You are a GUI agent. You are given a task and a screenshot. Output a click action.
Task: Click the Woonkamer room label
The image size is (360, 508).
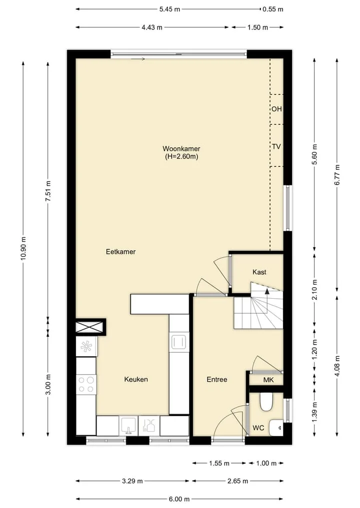181,149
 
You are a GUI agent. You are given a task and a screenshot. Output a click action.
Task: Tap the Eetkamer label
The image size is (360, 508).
120,252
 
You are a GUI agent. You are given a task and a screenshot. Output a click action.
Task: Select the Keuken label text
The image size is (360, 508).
136,380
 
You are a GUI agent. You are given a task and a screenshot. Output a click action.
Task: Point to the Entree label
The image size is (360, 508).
216,380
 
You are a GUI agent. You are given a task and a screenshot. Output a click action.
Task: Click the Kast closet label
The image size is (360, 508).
259,272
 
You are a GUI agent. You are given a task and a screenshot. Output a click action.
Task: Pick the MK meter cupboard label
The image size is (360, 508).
268,380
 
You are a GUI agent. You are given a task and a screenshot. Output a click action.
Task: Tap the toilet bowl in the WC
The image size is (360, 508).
266,402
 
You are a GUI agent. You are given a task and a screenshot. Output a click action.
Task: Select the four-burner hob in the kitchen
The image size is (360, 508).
86,385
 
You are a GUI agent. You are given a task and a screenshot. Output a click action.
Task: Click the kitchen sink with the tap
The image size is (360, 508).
129,426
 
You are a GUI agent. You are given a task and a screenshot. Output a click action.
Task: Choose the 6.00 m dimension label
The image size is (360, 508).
179,499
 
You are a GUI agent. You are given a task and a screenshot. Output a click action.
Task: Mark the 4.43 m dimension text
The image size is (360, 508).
152,27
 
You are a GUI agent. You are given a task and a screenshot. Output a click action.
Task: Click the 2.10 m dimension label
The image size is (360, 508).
314,289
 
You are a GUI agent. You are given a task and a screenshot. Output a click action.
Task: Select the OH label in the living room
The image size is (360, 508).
276,109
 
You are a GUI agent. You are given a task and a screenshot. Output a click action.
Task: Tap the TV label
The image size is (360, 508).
276,147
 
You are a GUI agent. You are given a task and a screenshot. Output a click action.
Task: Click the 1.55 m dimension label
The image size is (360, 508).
219,463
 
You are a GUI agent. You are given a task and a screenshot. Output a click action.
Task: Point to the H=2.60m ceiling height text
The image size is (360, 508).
181,156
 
